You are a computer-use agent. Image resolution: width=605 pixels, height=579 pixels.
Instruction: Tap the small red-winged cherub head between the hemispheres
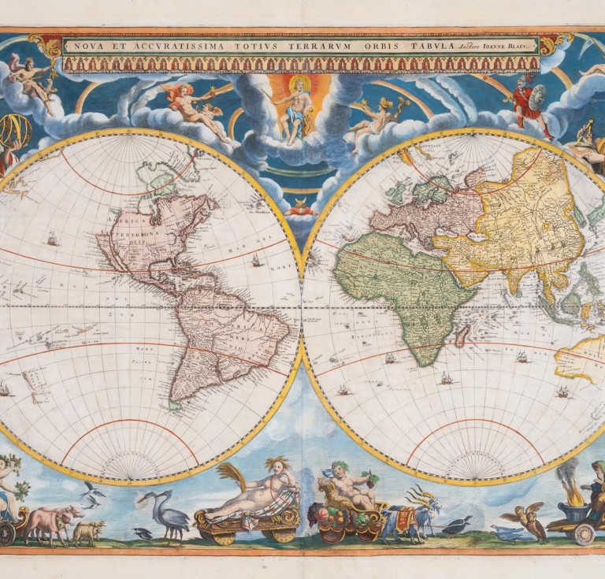tap(302, 207)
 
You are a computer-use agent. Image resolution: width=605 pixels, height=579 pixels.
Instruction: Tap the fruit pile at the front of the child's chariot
tap(326, 520)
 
